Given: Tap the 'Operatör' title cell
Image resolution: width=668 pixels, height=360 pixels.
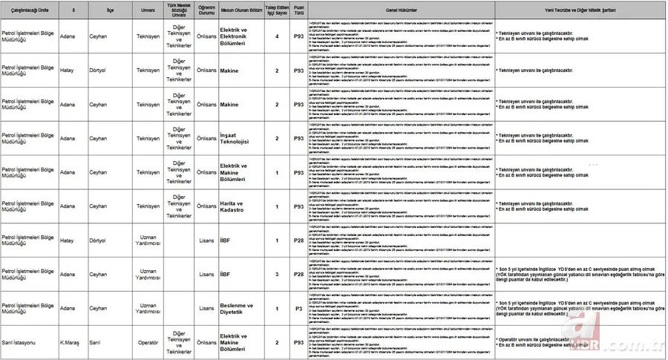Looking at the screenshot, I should pos(148,342).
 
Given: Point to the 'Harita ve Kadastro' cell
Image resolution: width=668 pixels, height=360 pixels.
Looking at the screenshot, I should pos(236,206).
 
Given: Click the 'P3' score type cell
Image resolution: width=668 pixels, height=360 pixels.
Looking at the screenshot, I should pos(298,308).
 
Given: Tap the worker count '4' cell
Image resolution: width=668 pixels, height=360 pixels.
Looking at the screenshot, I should pos(277,36).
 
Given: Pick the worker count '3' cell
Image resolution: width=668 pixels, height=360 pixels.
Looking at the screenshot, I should pos(277,274).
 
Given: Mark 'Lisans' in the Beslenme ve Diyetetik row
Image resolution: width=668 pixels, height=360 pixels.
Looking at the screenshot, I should pos(206,308).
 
